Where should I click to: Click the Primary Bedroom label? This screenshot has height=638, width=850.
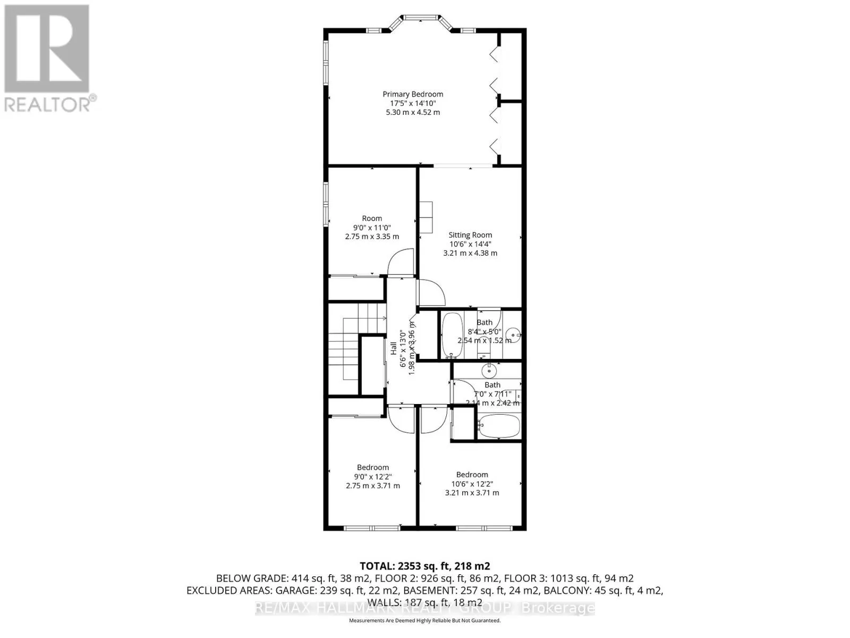413,94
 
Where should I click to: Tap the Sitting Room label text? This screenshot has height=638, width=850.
470,235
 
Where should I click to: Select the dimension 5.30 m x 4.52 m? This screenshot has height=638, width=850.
413,113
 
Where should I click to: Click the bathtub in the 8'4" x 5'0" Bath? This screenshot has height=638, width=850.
452,335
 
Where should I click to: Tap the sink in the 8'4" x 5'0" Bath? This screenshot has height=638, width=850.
513,335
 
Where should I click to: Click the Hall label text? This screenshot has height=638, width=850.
394,349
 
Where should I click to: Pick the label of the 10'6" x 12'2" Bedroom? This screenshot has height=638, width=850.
472,475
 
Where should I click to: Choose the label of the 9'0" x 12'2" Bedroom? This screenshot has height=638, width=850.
372,467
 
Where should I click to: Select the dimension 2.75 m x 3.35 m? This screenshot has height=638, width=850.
372,237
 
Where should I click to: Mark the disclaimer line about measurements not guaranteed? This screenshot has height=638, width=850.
424,620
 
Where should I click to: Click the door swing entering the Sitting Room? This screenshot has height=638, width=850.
431,292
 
